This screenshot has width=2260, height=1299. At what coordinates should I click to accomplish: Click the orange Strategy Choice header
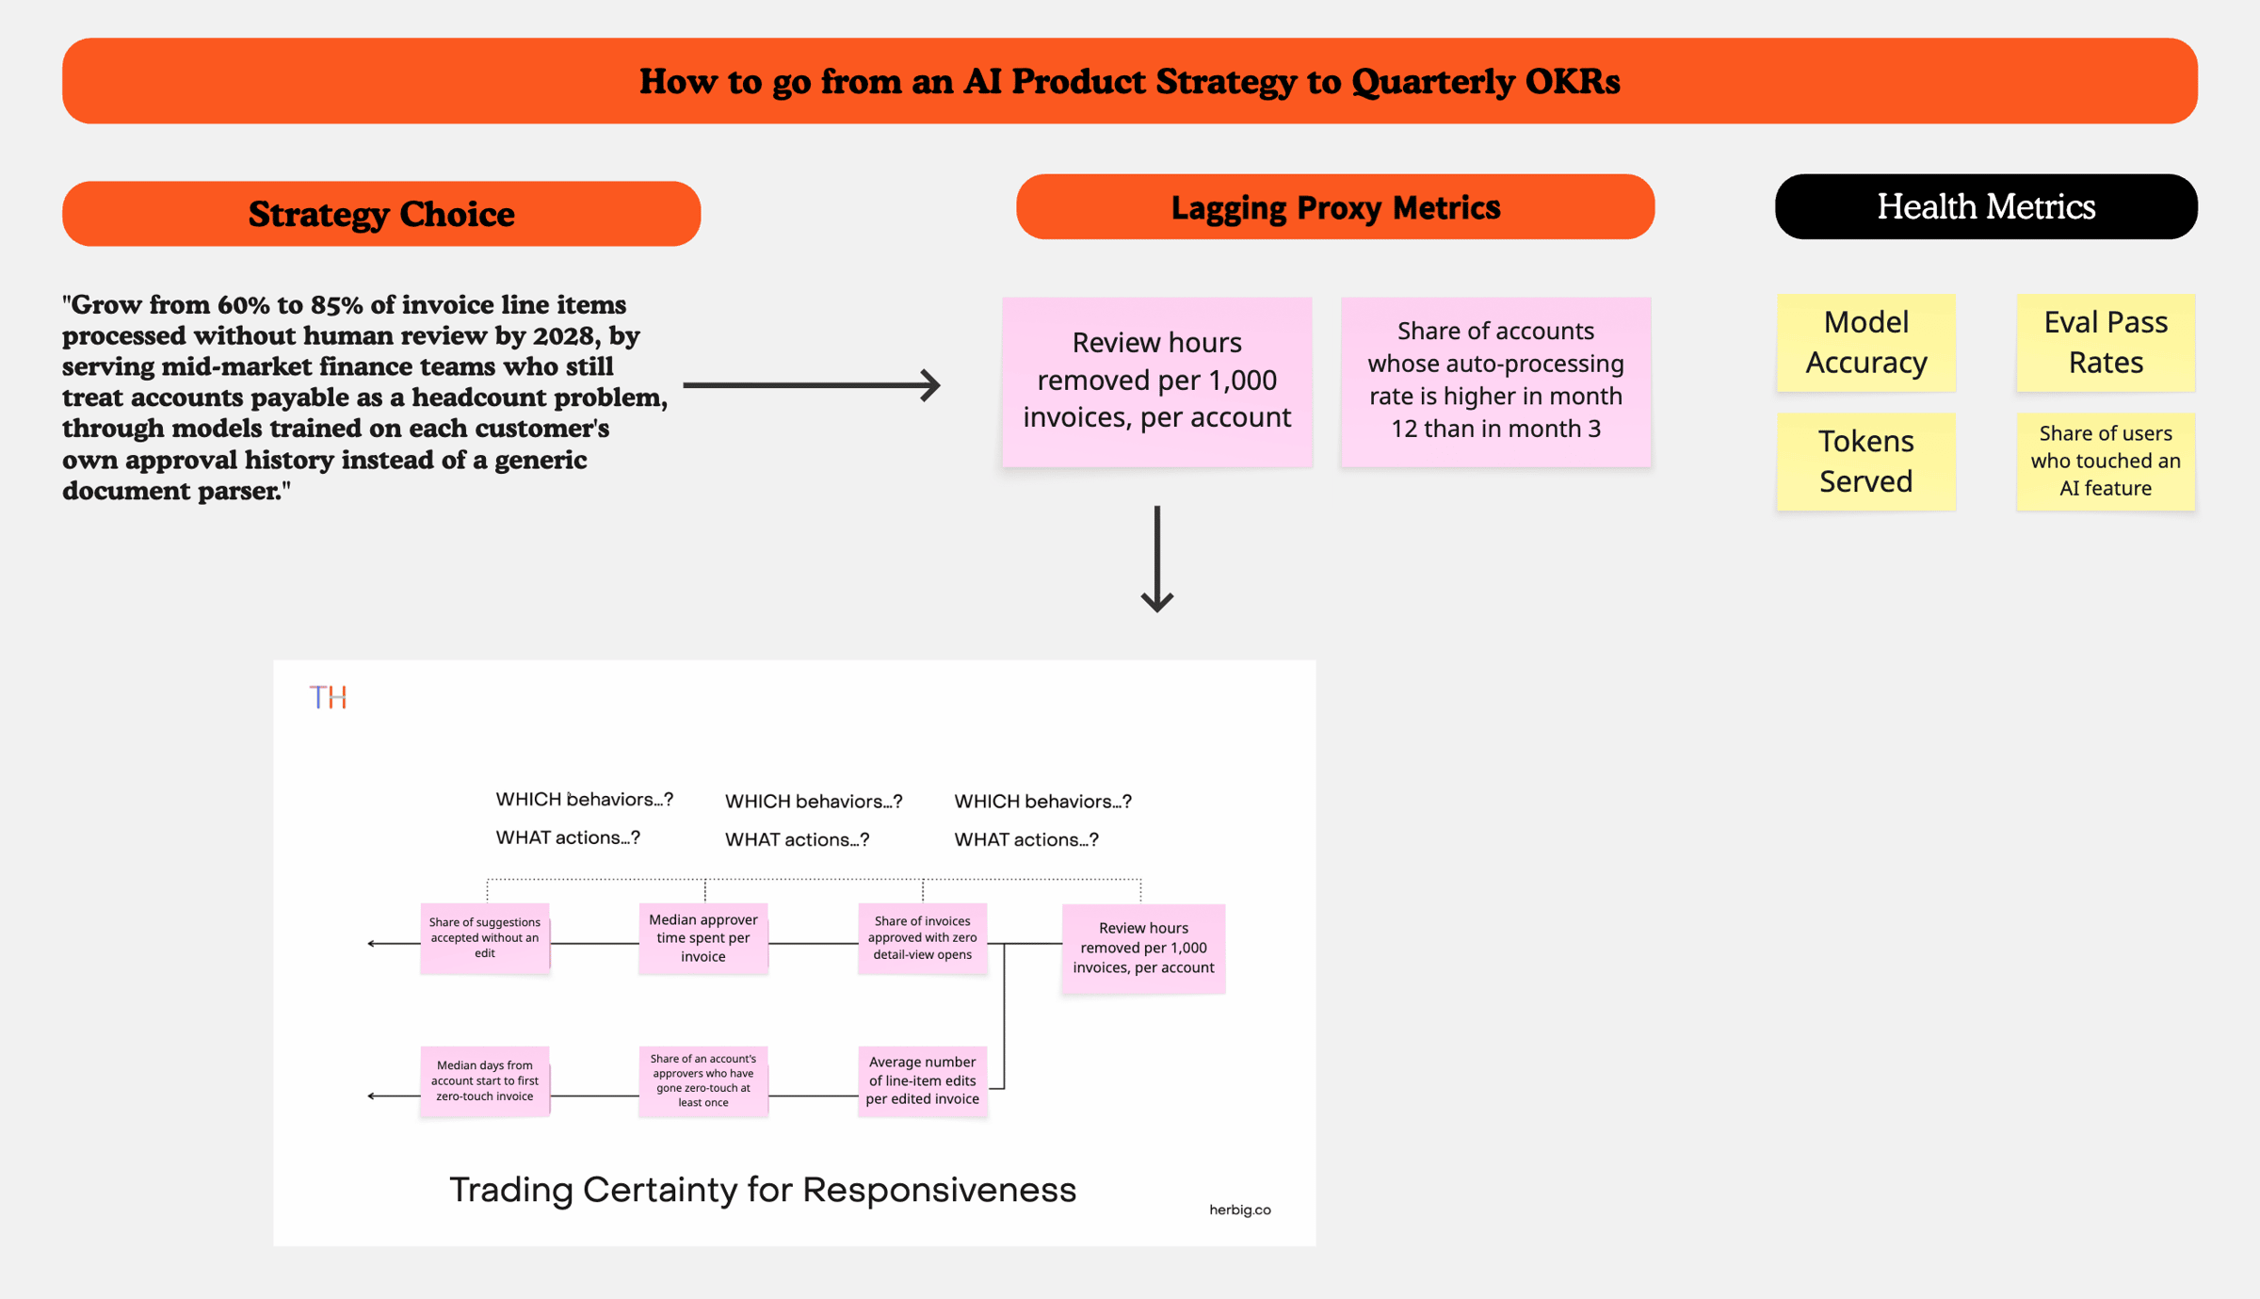pos(381,214)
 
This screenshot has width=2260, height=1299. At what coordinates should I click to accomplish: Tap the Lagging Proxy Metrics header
pos(1335,206)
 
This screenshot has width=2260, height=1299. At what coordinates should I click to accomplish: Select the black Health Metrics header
pos(1986,206)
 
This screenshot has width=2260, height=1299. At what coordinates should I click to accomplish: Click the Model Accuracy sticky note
pos(1865,342)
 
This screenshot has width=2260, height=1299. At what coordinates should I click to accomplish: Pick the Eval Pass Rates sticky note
pos(2106,342)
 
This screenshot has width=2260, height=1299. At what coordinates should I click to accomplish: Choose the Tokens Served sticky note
pos(1865,461)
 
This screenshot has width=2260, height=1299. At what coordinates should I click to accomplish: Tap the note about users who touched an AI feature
pos(2106,461)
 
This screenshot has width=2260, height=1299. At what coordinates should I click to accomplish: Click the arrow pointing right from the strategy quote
pos(812,384)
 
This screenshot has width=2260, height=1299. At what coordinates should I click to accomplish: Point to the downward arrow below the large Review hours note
pos(1157,559)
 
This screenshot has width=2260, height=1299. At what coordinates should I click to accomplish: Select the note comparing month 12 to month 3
pos(1496,382)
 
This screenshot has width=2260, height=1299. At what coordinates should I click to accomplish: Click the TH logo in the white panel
pos(329,697)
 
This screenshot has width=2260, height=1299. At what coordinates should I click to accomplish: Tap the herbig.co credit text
pos(1240,1210)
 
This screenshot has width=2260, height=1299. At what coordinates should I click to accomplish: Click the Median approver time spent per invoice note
pos(703,938)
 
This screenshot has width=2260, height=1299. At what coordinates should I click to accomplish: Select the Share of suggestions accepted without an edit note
pos(485,938)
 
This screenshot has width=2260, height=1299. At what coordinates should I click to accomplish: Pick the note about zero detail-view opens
pos(923,938)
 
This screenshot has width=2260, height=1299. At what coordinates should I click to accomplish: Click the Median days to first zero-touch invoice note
pos(485,1081)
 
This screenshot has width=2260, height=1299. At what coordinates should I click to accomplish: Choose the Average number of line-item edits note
pos(923,1081)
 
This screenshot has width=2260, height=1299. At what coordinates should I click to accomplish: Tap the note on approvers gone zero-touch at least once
pos(703,1081)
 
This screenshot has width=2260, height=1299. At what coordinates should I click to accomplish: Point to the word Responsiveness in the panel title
pos(939,1190)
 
